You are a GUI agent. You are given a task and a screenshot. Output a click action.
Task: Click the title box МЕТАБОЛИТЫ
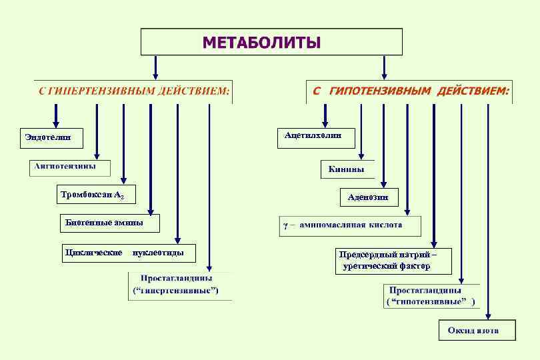coord(271,42)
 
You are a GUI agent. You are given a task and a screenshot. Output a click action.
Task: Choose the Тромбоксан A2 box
coord(97,195)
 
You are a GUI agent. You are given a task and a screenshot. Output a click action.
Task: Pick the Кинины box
coord(347,169)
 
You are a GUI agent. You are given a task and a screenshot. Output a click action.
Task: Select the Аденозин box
coord(369,197)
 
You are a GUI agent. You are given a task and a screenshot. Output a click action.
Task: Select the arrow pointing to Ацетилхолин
coord(325,115)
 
